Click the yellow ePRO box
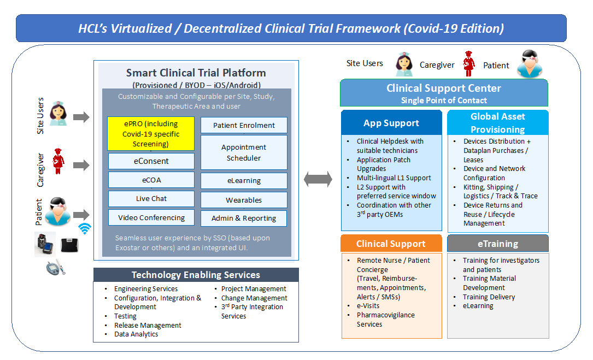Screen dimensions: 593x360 pos(151,133)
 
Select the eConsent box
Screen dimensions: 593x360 pos(151,161)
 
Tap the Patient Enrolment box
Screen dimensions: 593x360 pos(244,125)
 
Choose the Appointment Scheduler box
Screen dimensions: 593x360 pos(244,152)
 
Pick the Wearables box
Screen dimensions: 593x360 pos(244,200)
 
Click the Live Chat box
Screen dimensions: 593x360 pos(151,198)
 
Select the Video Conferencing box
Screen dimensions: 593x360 pos(151,217)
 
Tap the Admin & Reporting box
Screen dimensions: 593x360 pos(244,218)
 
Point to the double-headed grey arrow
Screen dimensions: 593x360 pos(318,179)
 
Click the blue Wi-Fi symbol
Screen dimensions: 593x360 pos(85,228)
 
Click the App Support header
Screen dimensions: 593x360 pos(391,123)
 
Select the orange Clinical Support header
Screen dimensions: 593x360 pos(391,244)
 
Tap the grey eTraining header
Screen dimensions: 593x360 pos(498,244)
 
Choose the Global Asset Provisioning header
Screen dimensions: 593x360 pos(498,122)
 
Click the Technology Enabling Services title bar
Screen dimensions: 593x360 pos(196,275)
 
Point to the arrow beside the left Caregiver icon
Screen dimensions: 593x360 pos(81,165)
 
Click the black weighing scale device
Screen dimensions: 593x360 pos(69,245)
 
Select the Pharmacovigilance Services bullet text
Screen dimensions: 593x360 pos(386,320)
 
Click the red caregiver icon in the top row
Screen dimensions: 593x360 pos(469,64)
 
